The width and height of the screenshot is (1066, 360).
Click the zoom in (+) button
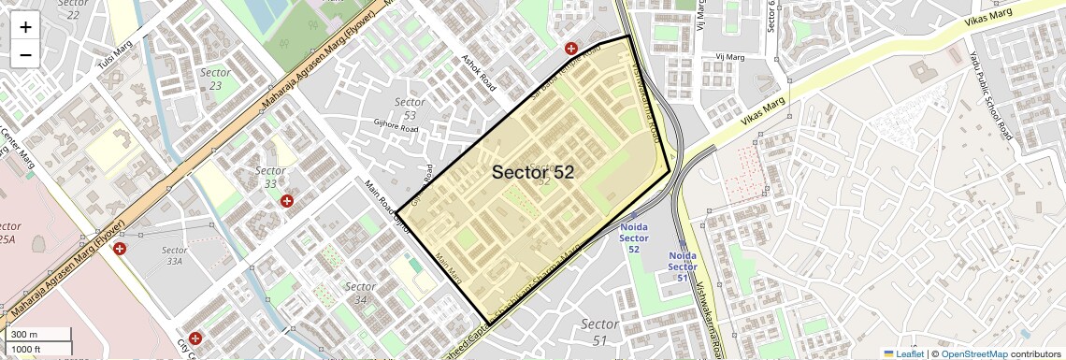[25, 26]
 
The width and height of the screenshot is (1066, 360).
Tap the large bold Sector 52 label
[532, 172]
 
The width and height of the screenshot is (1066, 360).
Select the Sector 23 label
[216, 79]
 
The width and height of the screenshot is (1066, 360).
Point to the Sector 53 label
[410, 108]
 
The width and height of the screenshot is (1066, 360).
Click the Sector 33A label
[175, 256]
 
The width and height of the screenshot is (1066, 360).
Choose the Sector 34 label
[360, 293]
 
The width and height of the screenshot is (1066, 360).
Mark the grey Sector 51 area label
[599, 331]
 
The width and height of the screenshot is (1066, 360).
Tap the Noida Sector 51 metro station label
[683, 265]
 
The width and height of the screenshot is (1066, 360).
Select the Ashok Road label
[478, 71]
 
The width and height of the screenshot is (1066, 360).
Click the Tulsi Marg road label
[116, 57]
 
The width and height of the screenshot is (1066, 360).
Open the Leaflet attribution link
[904, 353]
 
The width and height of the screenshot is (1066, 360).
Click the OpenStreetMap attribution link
[973, 353]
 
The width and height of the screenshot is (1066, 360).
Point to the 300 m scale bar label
[24, 335]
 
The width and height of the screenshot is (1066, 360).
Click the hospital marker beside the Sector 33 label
[287, 200]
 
